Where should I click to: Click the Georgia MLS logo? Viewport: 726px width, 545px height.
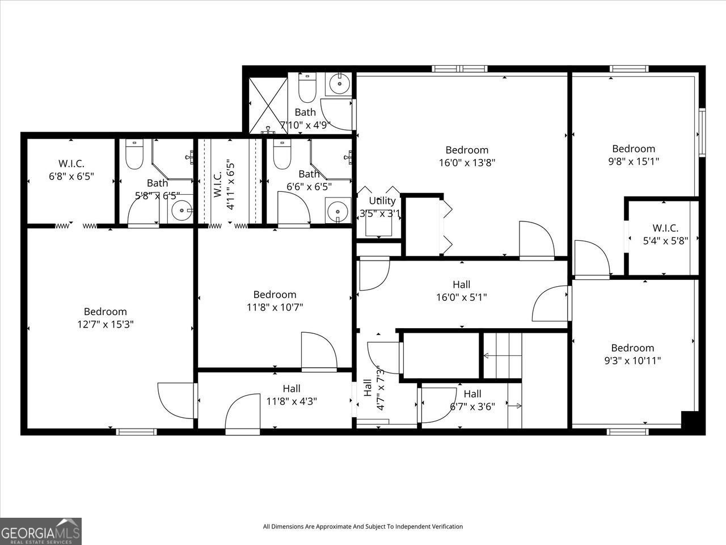coord(41,531)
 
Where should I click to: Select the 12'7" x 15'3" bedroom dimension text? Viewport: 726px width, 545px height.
coord(105,324)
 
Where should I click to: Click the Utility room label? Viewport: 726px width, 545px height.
coord(382,201)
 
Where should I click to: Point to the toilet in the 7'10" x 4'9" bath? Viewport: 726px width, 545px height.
coord(307,86)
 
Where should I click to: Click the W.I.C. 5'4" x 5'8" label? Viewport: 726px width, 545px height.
coord(665,234)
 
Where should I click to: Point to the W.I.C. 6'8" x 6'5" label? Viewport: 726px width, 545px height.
coord(71,170)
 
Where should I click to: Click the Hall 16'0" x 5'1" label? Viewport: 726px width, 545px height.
coord(462,291)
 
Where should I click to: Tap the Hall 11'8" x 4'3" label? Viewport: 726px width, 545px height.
coord(292,395)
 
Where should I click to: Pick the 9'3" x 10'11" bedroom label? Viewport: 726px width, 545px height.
coord(632,354)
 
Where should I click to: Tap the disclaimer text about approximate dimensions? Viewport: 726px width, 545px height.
coord(363,527)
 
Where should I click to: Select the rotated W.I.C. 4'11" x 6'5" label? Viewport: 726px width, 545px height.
coord(224,185)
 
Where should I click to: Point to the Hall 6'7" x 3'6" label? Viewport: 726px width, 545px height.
coord(472,400)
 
